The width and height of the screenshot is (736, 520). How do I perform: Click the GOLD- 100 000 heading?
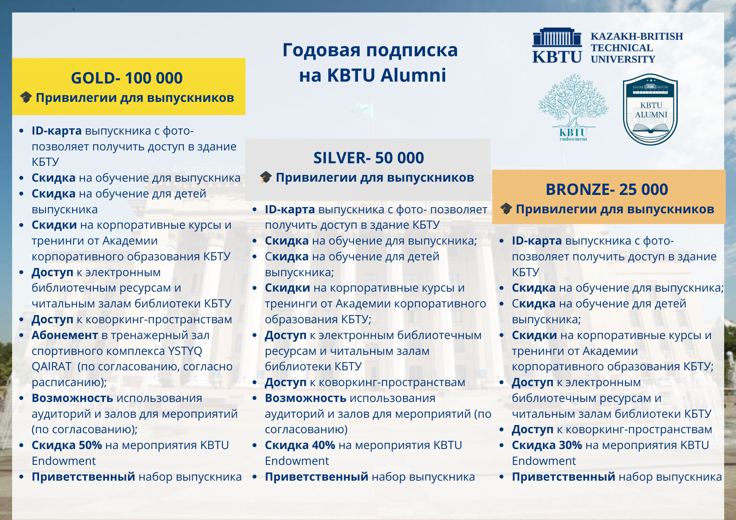coord(127,78)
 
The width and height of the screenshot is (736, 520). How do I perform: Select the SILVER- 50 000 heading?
coord(368,158)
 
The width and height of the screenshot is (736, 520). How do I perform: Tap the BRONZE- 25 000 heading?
coord(606,190)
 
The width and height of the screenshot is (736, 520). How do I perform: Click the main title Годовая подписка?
coord(370,50)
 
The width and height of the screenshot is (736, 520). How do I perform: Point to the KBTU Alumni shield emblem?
coord(650,110)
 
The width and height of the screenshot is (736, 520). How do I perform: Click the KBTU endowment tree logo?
coord(573,107)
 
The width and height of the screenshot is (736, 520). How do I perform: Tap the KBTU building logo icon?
coord(557,46)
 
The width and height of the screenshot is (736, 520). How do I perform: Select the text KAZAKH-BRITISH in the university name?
coord(637,36)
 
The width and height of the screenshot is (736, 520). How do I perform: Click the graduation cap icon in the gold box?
coord(26,97)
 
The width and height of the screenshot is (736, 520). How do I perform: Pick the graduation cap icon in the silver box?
coord(266,177)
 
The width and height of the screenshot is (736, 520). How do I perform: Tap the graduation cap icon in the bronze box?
coord(506,209)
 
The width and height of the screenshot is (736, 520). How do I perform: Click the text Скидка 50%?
coord(67,445)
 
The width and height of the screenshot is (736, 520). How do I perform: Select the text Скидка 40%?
coord(300,445)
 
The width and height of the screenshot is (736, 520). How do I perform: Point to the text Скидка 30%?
coord(547,445)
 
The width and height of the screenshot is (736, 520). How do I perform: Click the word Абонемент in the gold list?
coord(65,335)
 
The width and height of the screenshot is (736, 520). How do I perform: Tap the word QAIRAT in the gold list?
coord(52,367)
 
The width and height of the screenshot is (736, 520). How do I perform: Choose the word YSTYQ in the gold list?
coord(185,351)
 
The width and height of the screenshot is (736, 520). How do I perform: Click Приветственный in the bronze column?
coord(563,477)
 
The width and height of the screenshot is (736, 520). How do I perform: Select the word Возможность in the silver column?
coord(305,398)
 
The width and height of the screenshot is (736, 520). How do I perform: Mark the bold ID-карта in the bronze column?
coord(537,241)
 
